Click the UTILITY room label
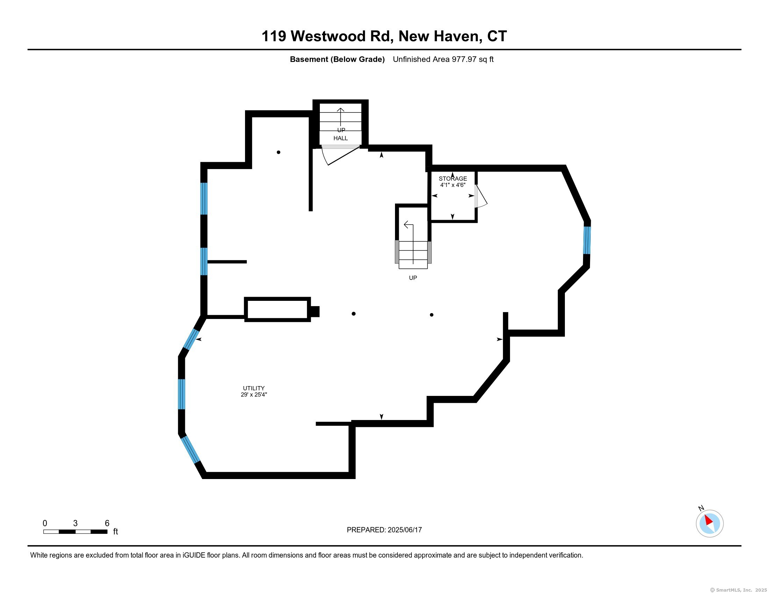coord(253,388)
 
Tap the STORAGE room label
coord(452,179)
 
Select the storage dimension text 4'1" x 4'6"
coord(452,185)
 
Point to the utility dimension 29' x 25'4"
coord(253,395)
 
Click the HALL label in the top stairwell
coord(340,138)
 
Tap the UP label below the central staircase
coord(413,278)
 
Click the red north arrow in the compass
coord(709,520)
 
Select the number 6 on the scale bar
coord(107,523)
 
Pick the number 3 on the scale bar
coord(76,523)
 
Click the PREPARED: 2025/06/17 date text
coord(384,530)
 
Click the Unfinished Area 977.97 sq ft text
coord(443,59)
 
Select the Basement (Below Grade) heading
coord(337,59)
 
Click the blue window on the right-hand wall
coord(587,240)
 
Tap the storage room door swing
coord(480,196)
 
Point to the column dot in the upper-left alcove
coord(279,152)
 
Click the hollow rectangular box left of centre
coord(278,310)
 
